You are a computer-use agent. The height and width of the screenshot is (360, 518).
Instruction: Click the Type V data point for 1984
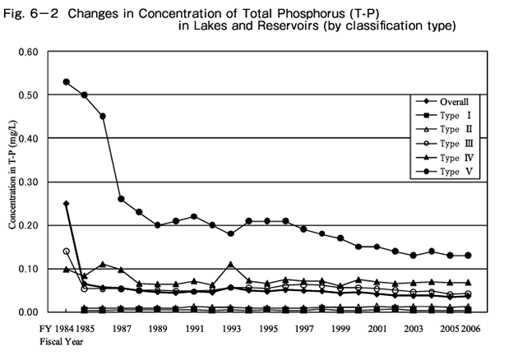[66, 82]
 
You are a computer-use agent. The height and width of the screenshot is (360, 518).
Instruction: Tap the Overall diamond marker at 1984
[66, 203]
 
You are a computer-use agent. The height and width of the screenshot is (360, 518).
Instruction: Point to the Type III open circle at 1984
[66, 251]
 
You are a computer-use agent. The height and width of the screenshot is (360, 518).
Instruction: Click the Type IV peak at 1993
[231, 265]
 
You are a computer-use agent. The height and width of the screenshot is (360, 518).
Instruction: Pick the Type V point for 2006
[469, 256]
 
